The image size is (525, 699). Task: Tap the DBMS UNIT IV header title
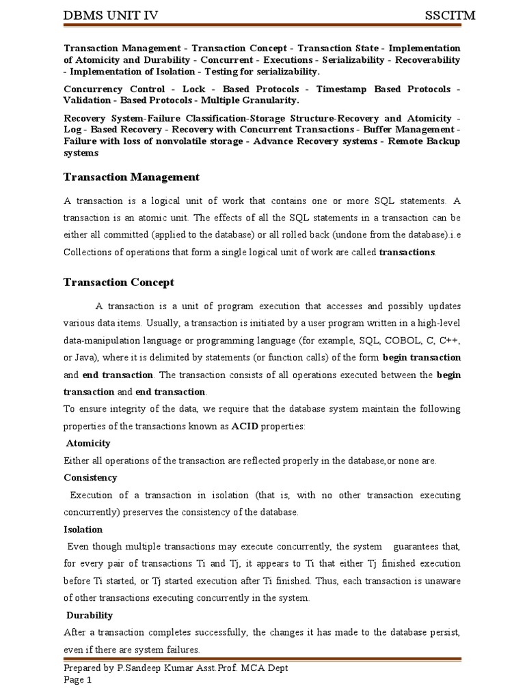[116, 16]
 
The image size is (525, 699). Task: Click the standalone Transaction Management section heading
[131, 177]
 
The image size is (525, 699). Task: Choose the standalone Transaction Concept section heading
[119, 282]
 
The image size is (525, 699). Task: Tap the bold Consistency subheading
[90, 478]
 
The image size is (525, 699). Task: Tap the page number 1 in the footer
[87, 680]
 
